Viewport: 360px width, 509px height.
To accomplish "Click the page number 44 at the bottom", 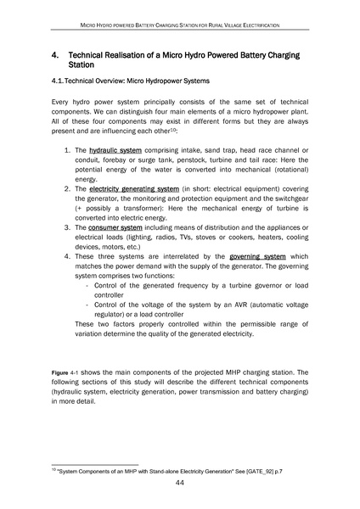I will (x=180, y=483).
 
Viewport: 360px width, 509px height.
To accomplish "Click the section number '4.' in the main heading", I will (x=56, y=55).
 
